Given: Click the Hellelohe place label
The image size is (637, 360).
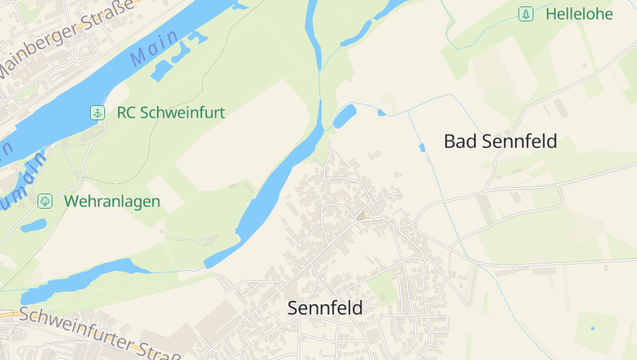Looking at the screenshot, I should (579, 14).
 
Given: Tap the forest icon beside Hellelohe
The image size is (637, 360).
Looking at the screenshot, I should (525, 14).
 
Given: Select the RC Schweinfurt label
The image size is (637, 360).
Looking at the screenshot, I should (170, 112).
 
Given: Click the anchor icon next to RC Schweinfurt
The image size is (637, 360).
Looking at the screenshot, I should (97, 112).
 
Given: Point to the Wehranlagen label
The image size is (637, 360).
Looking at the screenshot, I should (112, 202).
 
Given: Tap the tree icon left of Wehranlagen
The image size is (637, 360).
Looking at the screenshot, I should (45, 202).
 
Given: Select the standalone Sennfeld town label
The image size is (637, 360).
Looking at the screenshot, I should (325, 307).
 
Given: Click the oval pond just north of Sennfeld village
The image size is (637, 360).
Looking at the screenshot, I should (345, 117).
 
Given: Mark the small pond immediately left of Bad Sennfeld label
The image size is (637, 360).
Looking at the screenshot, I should (422, 147).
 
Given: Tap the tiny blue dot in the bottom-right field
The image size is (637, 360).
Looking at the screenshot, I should (592, 328).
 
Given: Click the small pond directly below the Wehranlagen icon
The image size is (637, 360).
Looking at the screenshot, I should (33, 225).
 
